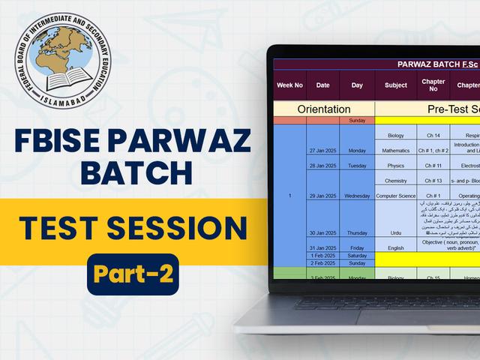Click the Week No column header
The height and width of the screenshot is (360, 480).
[289, 85]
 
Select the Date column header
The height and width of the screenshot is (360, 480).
[322, 85]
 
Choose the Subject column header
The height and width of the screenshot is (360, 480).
[395, 85]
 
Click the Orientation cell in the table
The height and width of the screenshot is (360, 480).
[324, 109]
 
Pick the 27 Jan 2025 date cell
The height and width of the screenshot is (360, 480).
[323, 150]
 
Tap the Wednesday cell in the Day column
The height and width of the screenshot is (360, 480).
[356, 196]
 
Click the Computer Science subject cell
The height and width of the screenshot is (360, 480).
[395, 196]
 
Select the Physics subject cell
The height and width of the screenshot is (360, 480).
[395, 166]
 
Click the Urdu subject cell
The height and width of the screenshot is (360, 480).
[395, 233]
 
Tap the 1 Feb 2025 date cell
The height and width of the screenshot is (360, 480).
[323, 256]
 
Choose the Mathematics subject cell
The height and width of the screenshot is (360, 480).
[395, 150]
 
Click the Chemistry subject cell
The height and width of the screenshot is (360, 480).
[395, 181]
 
